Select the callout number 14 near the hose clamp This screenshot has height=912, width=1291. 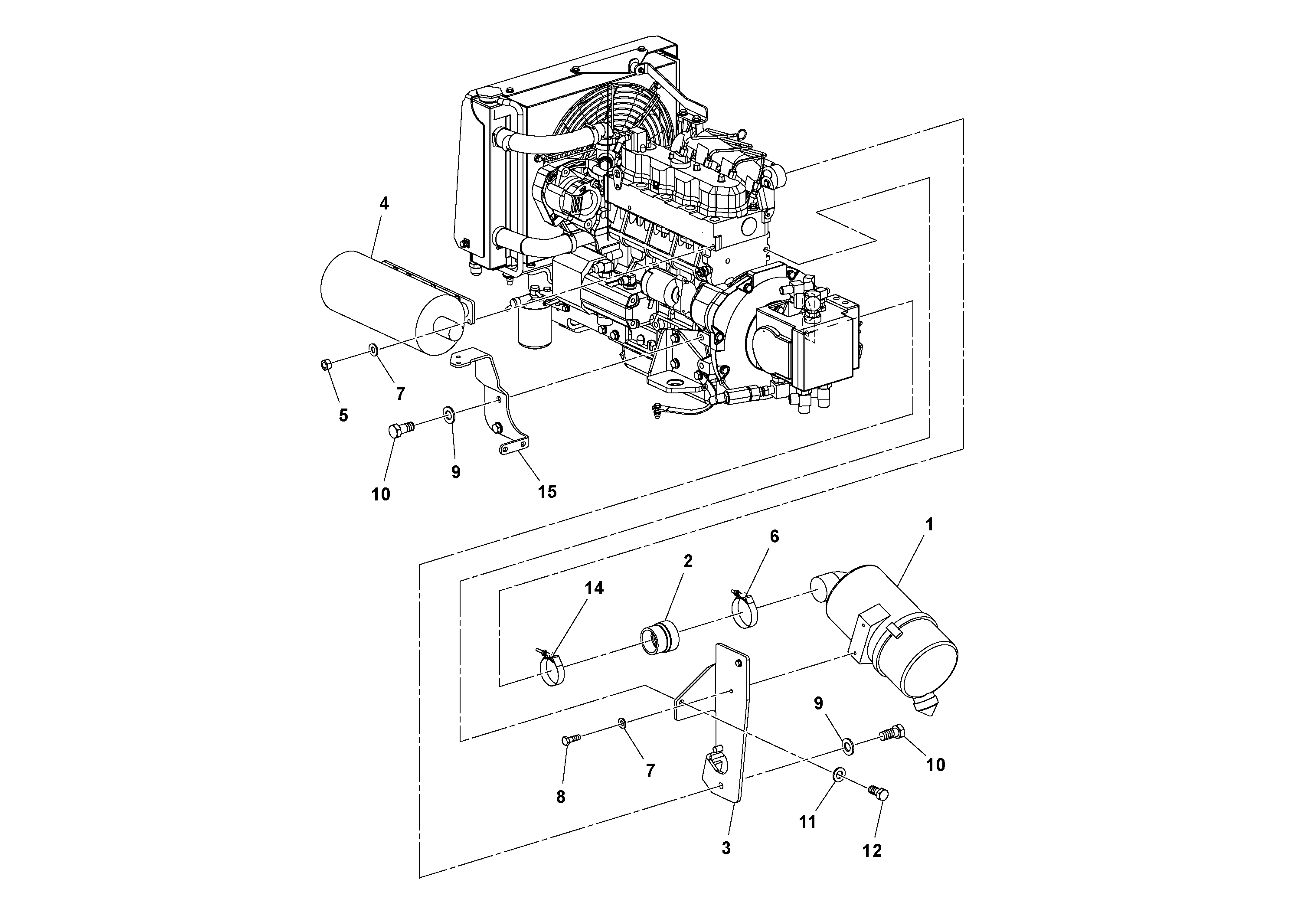click(594, 588)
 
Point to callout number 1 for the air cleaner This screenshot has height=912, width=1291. click(929, 525)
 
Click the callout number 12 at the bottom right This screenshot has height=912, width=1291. click(872, 851)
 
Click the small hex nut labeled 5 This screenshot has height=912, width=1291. click(324, 365)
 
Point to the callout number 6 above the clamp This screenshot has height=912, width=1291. click(774, 536)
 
